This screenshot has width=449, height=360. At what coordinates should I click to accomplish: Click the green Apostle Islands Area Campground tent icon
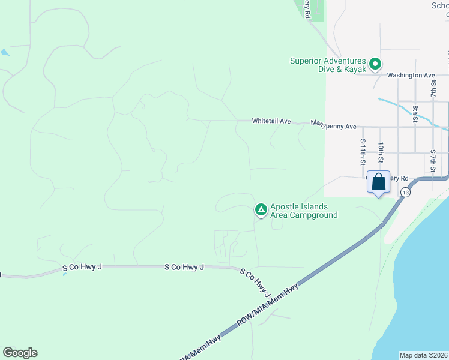pos(261,209)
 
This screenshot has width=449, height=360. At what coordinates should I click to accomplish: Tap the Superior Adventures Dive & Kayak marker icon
pos(375,63)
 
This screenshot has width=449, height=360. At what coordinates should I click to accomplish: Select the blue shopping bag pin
pos(379,182)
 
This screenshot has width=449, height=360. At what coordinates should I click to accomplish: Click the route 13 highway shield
pos(406,192)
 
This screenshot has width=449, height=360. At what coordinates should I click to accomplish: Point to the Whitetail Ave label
pos(271,121)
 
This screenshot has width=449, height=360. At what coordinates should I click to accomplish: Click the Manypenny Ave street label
pos(334,126)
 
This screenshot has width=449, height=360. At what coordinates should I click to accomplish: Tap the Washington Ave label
pos(411,76)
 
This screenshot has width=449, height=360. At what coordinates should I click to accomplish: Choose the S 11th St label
pos(363,152)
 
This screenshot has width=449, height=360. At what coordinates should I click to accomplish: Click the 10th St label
pos(381,153)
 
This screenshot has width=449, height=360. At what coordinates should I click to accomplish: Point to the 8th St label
pos(415,113)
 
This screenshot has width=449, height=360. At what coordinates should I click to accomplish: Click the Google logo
pos(20,353)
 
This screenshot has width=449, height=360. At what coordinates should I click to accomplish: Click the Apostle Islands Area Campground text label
pos(304,211)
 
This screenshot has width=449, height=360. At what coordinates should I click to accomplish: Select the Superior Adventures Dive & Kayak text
pos(328,65)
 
